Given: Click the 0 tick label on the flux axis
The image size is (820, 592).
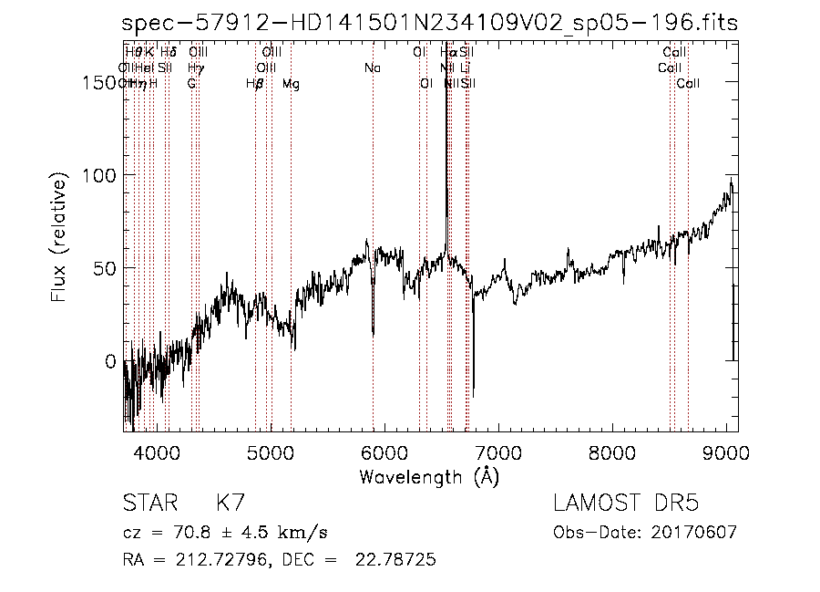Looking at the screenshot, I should pyautogui.click(x=111, y=362).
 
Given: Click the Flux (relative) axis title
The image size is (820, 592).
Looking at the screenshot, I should pyautogui.click(x=59, y=238).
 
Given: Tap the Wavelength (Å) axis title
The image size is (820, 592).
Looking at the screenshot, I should pyautogui.click(x=429, y=476).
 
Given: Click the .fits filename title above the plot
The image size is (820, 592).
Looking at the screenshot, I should pyautogui.click(x=430, y=23).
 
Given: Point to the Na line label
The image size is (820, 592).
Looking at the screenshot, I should pyautogui.click(x=372, y=68).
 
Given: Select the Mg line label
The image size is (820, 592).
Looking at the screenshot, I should pyautogui.click(x=291, y=84).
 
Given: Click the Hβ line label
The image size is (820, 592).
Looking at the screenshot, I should pyautogui.click(x=255, y=84).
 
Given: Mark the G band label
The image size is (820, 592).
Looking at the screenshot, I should pyautogui.click(x=191, y=84).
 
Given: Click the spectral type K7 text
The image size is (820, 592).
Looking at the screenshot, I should pyautogui.click(x=230, y=504).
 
